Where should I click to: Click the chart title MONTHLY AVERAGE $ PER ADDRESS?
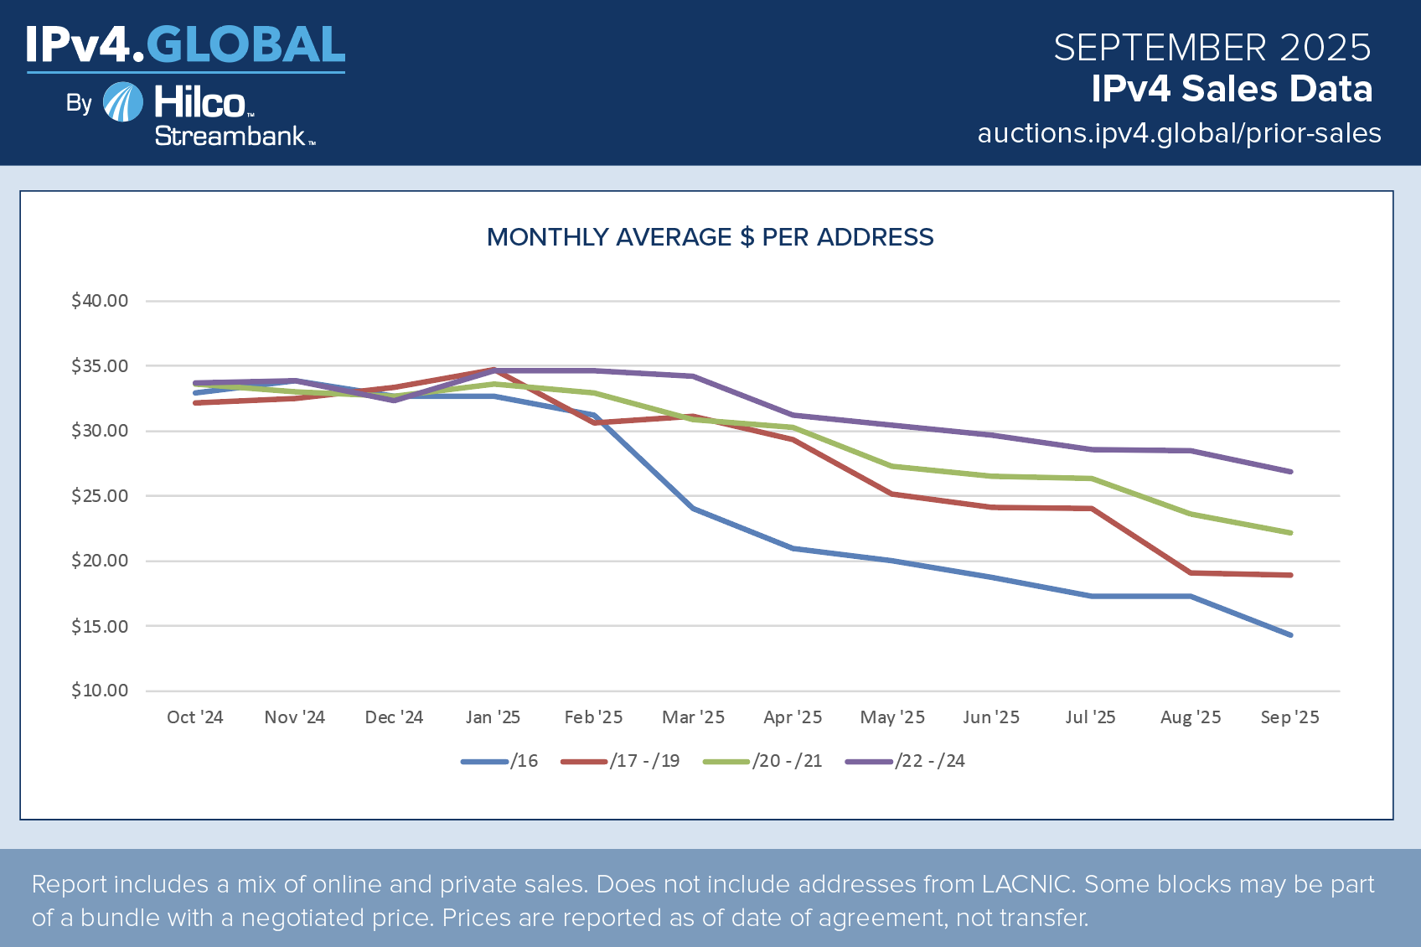coord(710,237)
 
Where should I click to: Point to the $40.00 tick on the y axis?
coord(100,301)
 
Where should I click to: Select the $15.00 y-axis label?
coord(100,627)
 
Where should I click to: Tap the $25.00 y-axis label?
coord(100,496)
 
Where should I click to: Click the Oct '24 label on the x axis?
coord(194,717)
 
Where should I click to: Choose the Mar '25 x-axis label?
coord(693,717)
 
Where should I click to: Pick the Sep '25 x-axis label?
coord(1289,717)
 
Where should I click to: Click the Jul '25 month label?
coord(1090,717)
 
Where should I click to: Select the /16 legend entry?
coord(500,761)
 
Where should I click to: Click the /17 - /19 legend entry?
coord(621,761)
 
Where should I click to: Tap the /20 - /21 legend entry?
coord(763,761)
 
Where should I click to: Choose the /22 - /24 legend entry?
coord(906,761)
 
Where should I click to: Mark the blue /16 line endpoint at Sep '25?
coord(1290,635)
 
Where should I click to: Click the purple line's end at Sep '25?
coord(1290,472)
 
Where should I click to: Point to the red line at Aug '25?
coord(1191,573)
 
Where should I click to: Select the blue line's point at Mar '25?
coord(693,509)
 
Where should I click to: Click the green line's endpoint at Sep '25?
coord(1290,533)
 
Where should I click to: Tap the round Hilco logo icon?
coord(123,102)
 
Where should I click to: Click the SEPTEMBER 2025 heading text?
coord(1212,48)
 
